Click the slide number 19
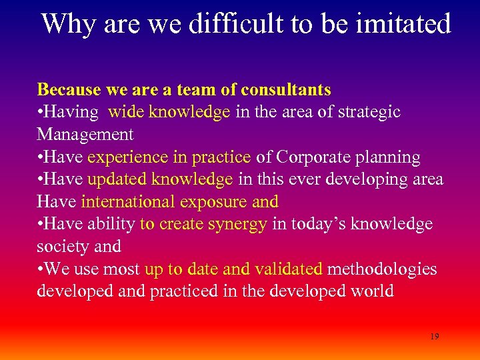(x=434, y=337)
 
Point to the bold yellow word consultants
(x=286, y=89)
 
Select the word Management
(x=85, y=134)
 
